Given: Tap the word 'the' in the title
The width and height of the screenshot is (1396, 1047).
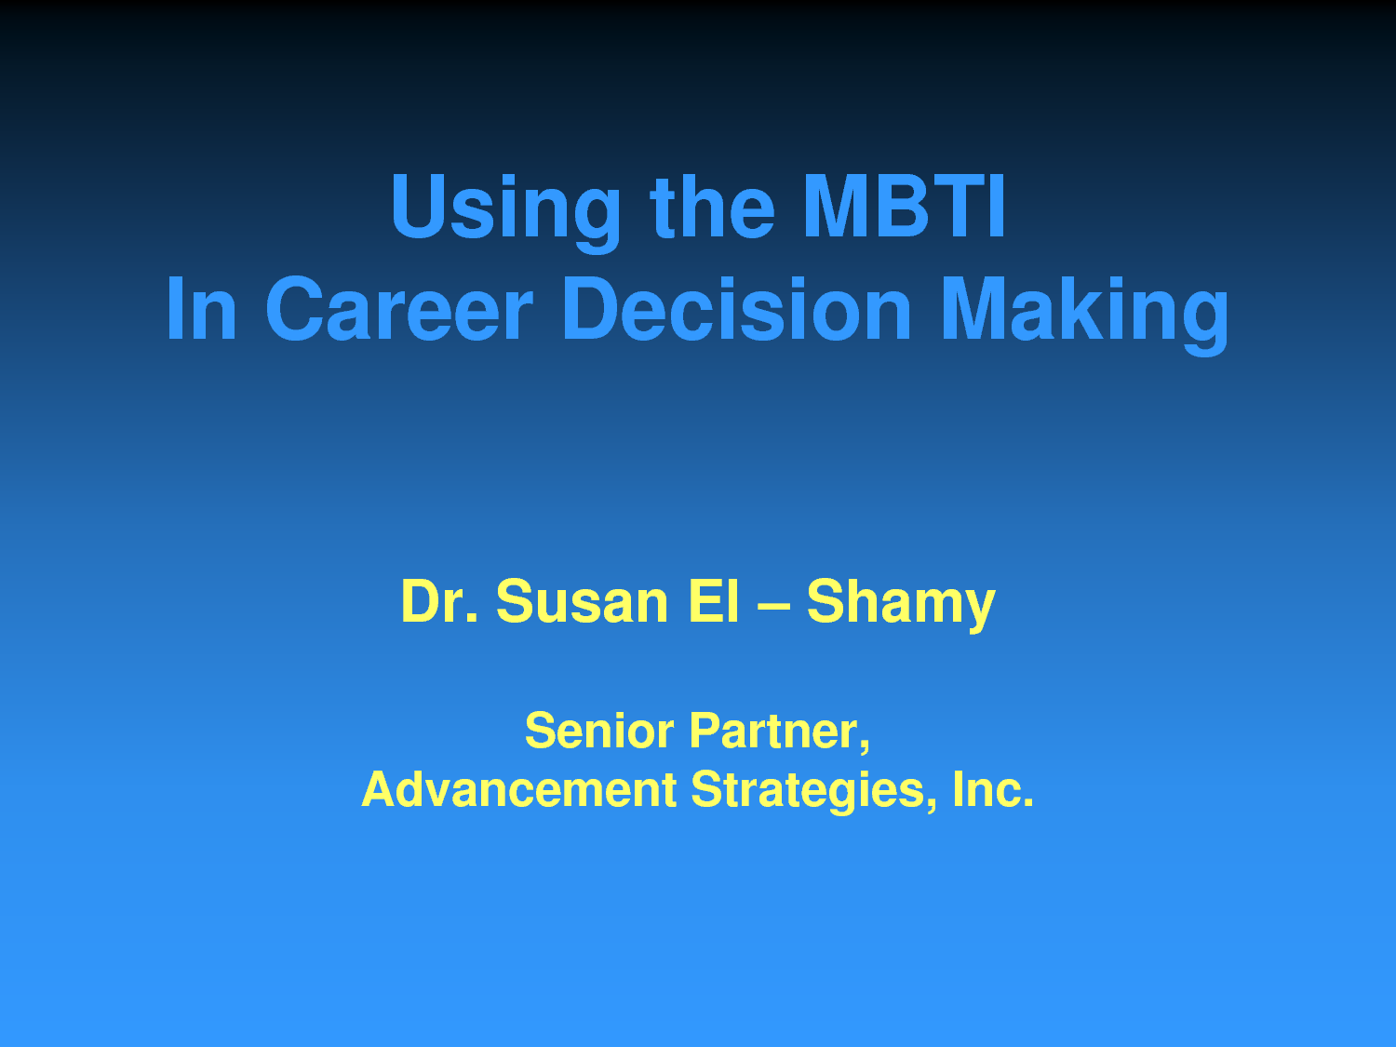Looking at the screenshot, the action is click(712, 206).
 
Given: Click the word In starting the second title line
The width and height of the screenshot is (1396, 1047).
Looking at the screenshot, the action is click(201, 309).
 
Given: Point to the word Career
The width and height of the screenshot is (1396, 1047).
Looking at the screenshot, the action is click(398, 309).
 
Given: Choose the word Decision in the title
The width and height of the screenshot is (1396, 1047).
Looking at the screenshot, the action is click(736, 309).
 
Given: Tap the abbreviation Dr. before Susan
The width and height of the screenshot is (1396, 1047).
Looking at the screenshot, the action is click(439, 600).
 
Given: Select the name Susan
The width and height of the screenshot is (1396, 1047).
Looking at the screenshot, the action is click(582, 600).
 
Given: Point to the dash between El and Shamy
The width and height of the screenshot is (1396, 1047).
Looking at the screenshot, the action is click(773, 605).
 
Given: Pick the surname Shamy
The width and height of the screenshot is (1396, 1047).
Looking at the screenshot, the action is click(901, 605).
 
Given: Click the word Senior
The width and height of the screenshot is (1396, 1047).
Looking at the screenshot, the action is click(599, 732).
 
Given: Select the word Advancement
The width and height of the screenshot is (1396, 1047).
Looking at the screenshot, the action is click(519, 789).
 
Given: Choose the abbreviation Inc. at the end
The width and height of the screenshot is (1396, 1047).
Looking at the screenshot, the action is click(993, 789).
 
